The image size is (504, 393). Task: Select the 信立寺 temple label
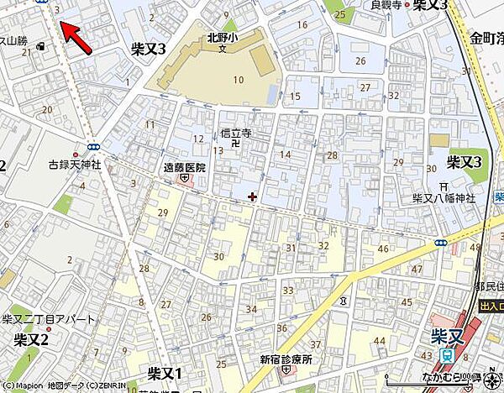235,132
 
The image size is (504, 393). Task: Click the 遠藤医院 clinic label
183,167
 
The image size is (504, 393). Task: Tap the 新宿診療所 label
286,359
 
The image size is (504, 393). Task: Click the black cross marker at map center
253,197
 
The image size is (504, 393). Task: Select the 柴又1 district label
165,370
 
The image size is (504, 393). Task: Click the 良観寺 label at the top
386,5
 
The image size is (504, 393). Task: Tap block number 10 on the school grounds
238,80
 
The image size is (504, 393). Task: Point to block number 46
384,249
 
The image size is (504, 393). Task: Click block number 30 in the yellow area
219,256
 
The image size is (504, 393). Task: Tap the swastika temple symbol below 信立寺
235,143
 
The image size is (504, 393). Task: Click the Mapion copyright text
42,386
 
